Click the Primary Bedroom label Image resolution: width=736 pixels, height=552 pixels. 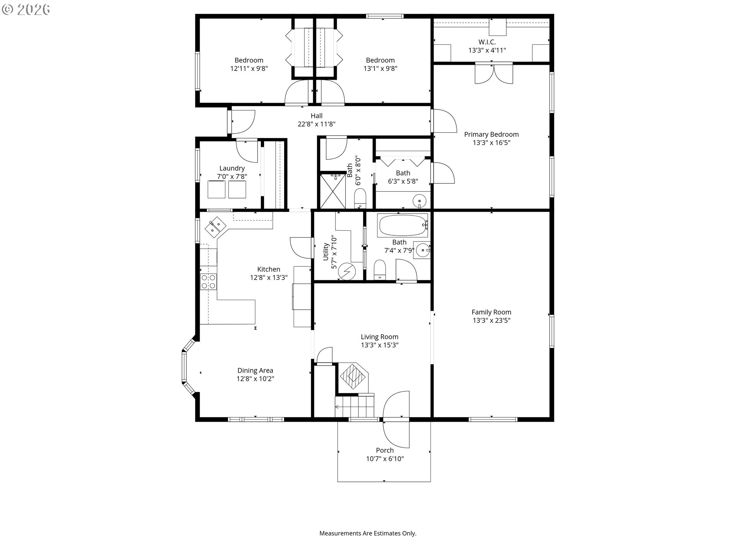tap(491, 135)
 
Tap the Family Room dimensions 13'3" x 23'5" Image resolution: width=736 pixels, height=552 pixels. tap(491, 320)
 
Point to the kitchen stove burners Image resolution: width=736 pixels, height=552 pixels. tap(209, 282)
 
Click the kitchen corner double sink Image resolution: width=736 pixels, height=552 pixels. tap(215, 227)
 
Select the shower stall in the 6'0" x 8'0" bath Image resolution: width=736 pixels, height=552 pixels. tap(333, 191)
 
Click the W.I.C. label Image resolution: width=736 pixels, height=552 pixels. tap(487, 42)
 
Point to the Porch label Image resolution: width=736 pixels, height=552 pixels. tap(385, 450)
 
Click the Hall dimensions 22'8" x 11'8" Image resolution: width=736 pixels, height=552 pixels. tap(317, 124)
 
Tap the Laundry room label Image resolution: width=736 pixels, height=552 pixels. tap(232, 168)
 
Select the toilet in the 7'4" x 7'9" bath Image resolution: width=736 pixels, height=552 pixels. tap(379, 270)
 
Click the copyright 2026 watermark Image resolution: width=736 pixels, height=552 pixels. tap(26, 9)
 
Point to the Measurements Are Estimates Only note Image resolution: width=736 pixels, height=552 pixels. tap(368, 533)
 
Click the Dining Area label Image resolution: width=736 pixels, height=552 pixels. tap(255, 371)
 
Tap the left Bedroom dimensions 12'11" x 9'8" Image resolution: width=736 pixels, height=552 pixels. tap(249, 69)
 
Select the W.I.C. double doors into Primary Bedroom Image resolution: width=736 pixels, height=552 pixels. tap(494, 73)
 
